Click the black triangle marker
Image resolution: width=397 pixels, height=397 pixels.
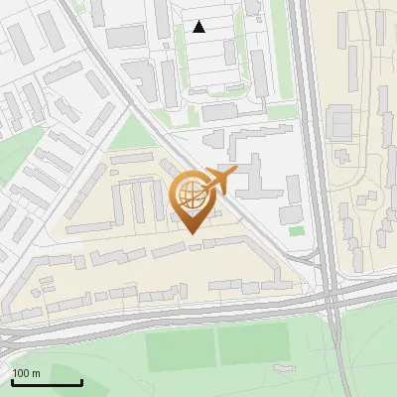pos(199,27)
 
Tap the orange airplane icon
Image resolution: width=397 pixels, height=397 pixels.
pos(219,181)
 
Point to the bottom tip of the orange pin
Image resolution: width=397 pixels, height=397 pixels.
pos(193,233)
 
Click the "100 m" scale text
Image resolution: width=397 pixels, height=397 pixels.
pos(27,373)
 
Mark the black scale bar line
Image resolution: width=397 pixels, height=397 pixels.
pos(47,382)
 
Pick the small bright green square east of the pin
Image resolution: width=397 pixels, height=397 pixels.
pos(297,231)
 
